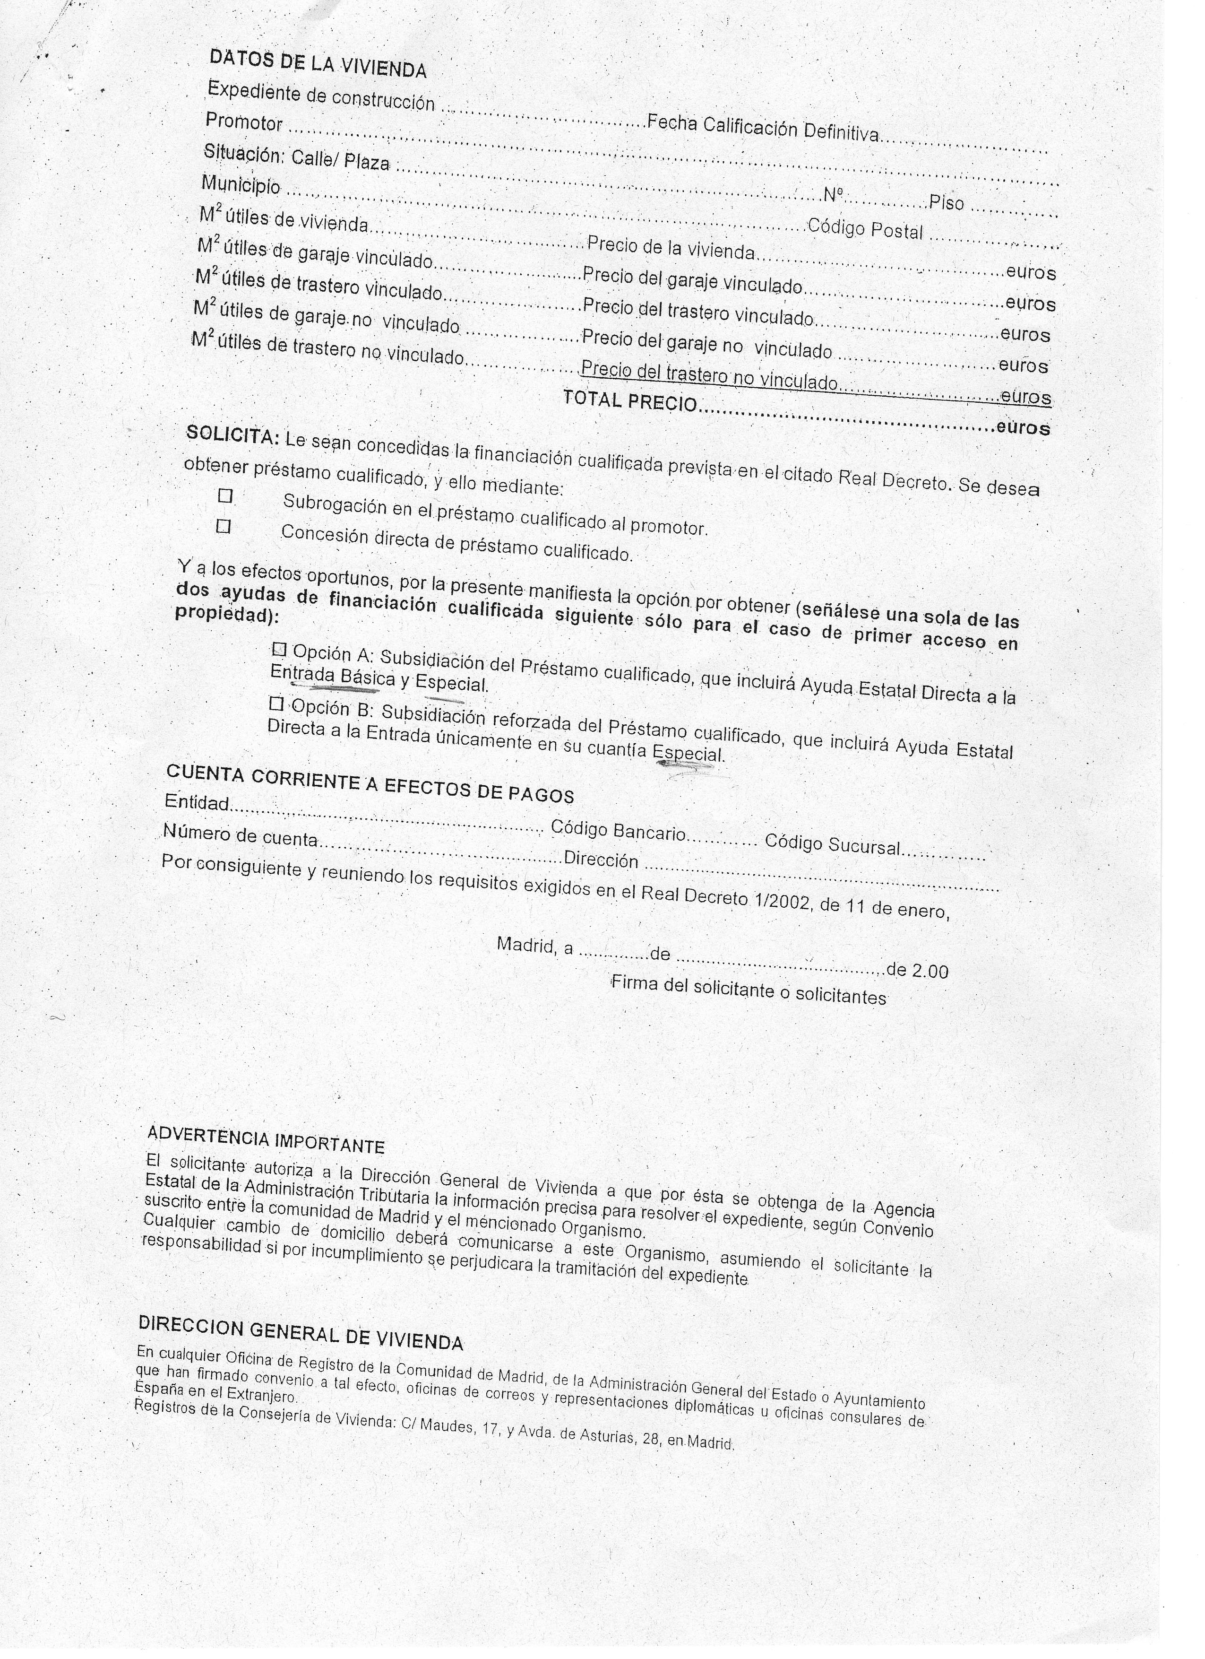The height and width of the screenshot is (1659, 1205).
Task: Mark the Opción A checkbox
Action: click(279, 649)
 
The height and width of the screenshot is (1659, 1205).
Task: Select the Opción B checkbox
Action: click(275, 704)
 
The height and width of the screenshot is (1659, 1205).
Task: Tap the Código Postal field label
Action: click(865, 229)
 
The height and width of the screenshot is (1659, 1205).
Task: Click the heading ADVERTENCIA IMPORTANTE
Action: click(266, 1138)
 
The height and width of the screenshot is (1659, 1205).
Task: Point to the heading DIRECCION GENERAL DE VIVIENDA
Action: click(300, 1332)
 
